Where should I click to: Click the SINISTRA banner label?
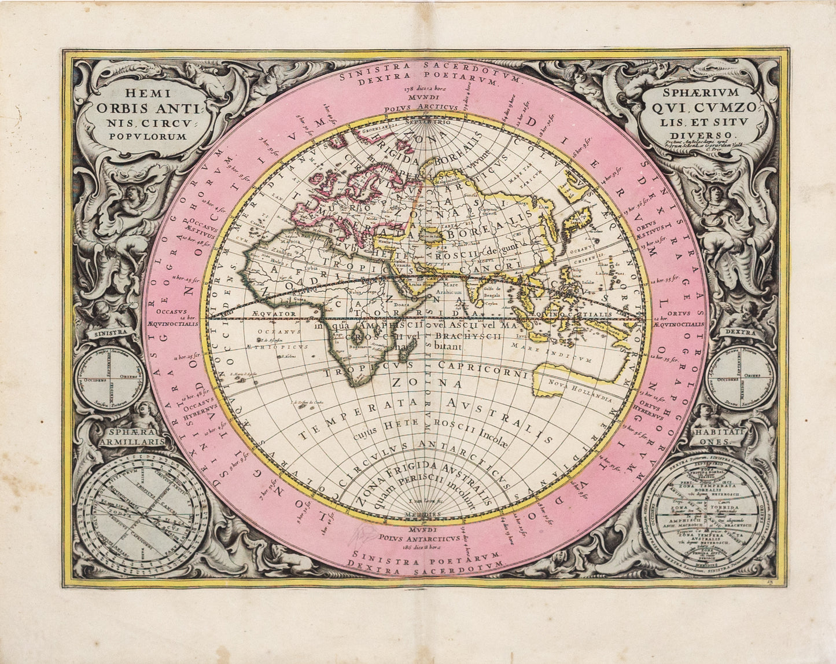click(111, 333)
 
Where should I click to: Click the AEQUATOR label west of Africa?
click(274, 313)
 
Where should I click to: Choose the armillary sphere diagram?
click(142, 514)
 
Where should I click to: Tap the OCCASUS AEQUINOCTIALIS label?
click(181, 320)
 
